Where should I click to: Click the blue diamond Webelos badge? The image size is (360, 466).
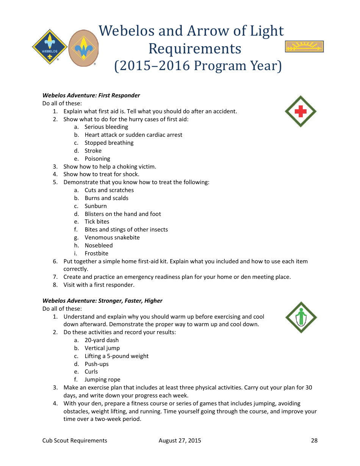click(x=50, y=47)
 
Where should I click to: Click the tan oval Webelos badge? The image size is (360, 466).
click(x=83, y=48)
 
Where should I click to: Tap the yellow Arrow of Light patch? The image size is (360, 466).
click(x=304, y=47)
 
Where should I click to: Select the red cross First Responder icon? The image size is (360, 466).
click(x=301, y=111)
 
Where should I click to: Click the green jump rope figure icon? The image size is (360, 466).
click(x=301, y=317)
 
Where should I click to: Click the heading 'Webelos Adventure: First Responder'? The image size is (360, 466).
click(x=91, y=95)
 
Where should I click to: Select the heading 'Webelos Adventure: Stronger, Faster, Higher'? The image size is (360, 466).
click(x=102, y=301)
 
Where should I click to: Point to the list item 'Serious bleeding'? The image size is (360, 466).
click(x=106, y=127)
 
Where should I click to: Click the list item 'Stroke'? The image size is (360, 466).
click(x=93, y=151)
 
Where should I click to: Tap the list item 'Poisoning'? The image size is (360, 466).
click(x=97, y=159)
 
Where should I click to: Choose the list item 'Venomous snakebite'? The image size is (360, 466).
click(x=112, y=238)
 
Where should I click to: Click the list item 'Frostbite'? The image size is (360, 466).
click(x=96, y=253)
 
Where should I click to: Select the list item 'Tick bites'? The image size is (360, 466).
click(x=97, y=222)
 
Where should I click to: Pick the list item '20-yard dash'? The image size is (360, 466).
click(x=101, y=340)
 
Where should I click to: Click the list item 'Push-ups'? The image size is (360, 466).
click(x=96, y=364)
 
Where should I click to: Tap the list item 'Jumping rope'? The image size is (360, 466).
click(x=102, y=380)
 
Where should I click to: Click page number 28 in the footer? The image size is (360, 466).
click(x=314, y=440)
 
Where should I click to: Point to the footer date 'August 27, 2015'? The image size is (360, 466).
click(x=180, y=440)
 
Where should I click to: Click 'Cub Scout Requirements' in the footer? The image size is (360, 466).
click(x=75, y=440)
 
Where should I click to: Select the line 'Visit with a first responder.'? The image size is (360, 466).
click(x=99, y=285)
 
